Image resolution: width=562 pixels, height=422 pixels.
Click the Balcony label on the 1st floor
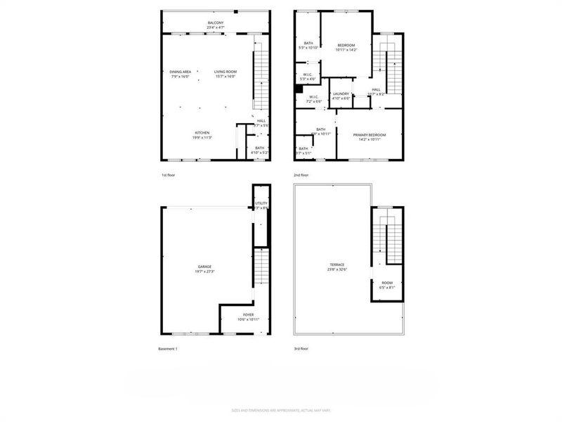[x=216, y=24]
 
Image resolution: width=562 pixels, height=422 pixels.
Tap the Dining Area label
[x=181, y=72]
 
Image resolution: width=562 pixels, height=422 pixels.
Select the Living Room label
[x=226, y=72]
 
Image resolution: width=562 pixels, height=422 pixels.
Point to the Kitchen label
[x=202, y=133]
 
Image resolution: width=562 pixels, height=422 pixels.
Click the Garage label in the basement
[x=204, y=267]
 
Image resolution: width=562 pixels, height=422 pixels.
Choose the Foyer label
[x=249, y=314]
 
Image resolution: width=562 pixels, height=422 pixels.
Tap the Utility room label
[x=261, y=203]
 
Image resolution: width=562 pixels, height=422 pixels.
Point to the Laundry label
[x=341, y=94]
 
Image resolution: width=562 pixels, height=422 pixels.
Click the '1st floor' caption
[x=169, y=174]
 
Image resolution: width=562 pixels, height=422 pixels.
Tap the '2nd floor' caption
[x=301, y=174]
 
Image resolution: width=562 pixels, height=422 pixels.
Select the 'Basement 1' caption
[x=169, y=349]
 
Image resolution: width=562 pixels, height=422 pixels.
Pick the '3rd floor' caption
[x=301, y=349]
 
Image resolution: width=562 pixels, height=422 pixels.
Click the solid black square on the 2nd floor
[x=299, y=89]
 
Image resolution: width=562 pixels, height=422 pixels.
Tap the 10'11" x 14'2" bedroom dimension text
[x=346, y=50]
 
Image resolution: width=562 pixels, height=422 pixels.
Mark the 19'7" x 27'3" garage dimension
[x=204, y=271]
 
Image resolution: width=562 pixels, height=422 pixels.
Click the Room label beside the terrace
[x=387, y=283]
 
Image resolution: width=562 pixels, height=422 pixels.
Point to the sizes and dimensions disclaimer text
[x=281, y=410]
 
